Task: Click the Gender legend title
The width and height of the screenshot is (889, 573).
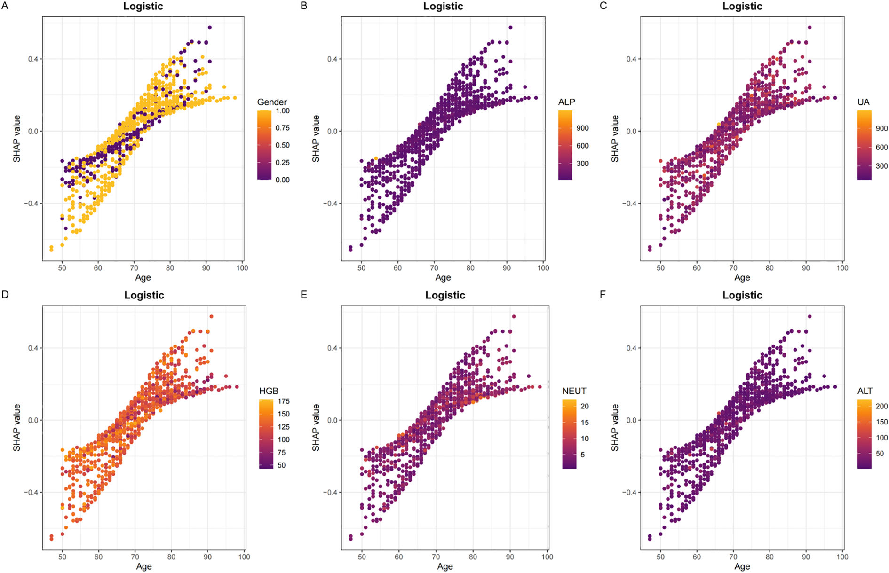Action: click(271, 102)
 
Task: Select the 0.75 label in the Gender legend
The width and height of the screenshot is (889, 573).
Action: click(283, 128)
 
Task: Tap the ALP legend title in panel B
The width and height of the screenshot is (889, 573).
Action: click(566, 102)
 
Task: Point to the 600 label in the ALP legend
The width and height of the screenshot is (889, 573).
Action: click(582, 146)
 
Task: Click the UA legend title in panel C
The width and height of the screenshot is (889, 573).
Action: click(863, 102)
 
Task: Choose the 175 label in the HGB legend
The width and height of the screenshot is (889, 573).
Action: click(284, 401)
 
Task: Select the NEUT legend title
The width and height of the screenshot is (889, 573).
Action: click(574, 391)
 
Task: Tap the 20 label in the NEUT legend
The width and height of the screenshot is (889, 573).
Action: click(585, 406)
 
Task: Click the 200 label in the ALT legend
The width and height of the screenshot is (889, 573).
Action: click(881, 406)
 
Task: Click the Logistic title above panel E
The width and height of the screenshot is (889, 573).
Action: click(445, 295)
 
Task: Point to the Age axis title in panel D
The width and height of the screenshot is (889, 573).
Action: click(144, 566)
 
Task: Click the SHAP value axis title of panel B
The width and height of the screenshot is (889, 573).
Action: click(316, 139)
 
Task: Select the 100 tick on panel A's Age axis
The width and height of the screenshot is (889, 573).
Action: click(242, 268)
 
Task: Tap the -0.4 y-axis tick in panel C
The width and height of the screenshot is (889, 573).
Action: click(629, 204)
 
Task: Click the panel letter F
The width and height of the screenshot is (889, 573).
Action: click(603, 295)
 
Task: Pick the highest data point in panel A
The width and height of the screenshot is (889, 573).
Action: click(210, 28)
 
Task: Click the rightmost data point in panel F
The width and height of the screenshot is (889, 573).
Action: click(835, 387)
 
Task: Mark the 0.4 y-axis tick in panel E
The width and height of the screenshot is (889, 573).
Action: click(332, 348)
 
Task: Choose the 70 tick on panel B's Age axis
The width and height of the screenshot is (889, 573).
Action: click(434, 268)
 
